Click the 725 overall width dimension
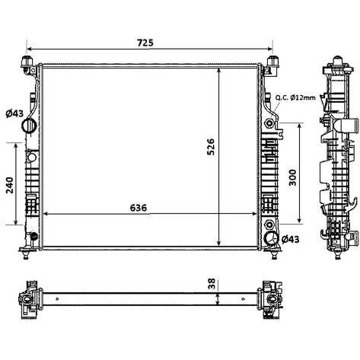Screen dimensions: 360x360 coord(145,43)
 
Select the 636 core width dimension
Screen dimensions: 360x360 coord(139,208)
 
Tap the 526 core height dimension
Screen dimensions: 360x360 coord(211,147)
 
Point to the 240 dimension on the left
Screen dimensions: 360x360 coord(10,185)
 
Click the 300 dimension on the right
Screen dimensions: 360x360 coord(292,177)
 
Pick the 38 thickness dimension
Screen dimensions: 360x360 coord(212,284)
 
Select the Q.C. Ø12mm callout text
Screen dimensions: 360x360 coord(295,97)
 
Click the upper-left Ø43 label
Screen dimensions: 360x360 coord(14,113)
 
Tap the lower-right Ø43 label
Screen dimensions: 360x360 coord(291,239)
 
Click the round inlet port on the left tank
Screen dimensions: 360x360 coord(29,125)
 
